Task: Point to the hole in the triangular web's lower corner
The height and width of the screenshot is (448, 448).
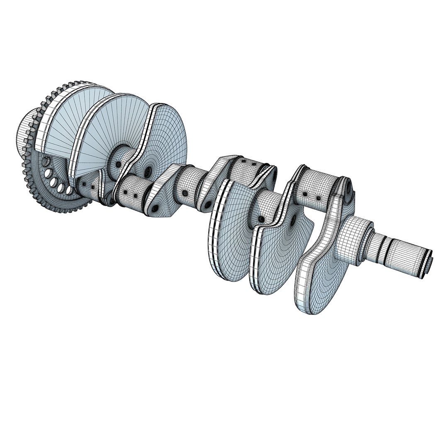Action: coord(154,207)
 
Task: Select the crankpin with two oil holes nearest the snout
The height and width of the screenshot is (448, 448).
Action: coord(313,191)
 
